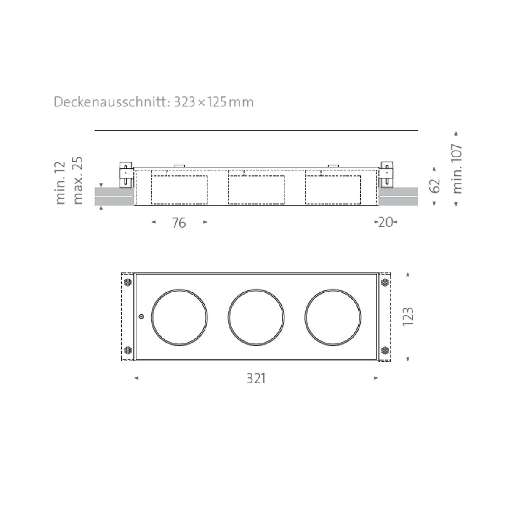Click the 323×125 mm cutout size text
point(214,102)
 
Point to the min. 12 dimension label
point(61,183)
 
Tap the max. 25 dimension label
point(78,181)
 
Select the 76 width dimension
point(179,223)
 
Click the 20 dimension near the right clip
point(385,222)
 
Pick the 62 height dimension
point(436,186)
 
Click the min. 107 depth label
point(457,168)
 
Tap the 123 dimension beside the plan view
point(408,316)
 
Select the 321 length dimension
point(256,379)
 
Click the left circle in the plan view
point(179,317)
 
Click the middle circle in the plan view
point(256,317)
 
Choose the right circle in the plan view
point(333,317)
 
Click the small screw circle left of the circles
point(141,316)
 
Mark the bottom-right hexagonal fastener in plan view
point(384,350)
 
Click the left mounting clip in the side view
point(126,174)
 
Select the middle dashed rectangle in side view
point(256,190)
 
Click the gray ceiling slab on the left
point(114,197)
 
